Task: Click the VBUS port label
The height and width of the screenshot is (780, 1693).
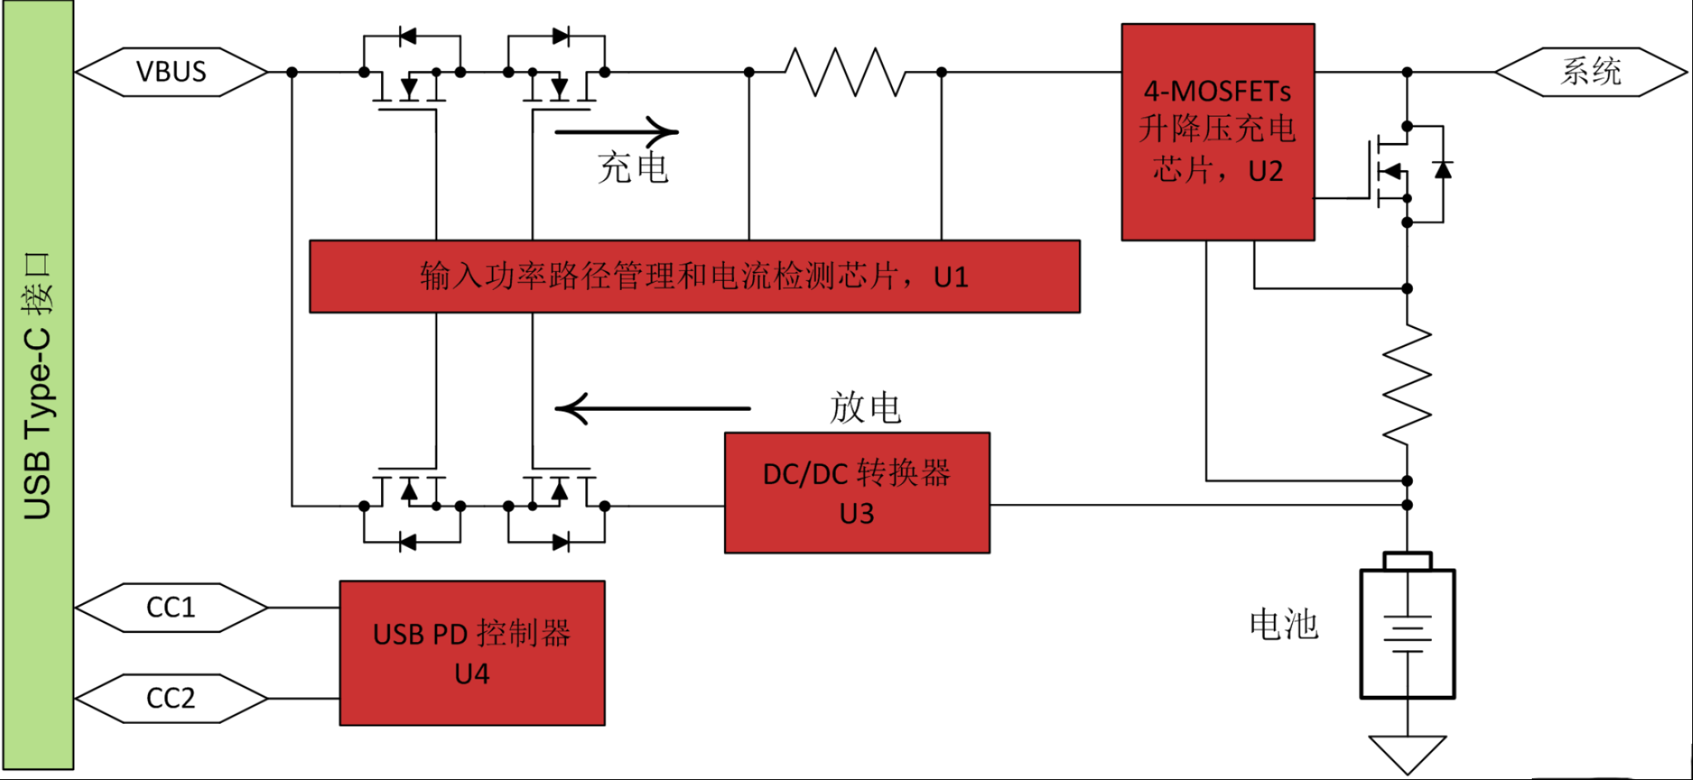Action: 171,72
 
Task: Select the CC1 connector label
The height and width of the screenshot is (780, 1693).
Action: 171,607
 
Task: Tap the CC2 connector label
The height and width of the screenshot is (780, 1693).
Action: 171,698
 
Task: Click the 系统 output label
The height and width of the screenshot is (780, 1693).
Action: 1590,72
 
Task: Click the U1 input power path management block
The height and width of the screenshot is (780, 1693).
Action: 694,276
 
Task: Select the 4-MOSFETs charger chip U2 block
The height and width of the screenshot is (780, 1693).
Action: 1218,132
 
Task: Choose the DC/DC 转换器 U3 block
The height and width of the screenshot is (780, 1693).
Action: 857,492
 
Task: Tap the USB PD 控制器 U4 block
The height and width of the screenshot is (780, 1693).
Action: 472,653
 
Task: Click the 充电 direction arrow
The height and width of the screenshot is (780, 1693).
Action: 617,131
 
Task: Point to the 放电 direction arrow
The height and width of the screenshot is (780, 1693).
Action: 653,408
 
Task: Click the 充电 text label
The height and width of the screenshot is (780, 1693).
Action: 633,168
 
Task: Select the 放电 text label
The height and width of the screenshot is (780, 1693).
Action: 866,407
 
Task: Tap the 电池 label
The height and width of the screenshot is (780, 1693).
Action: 1284,624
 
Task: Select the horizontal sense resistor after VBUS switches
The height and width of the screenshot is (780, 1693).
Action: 845,72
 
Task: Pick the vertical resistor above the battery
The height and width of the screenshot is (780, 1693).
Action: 1407,384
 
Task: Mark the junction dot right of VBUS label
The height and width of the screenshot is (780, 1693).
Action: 292,72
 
